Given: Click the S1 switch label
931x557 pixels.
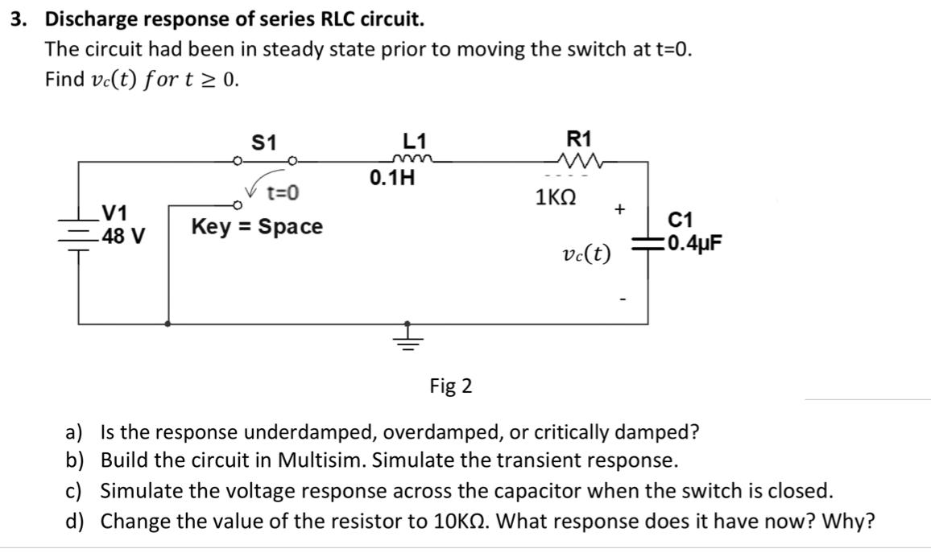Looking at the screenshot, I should pos(264,142).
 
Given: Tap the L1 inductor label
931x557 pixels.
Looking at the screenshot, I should pos(414,141).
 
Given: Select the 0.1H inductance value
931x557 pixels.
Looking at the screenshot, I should pos(393,177).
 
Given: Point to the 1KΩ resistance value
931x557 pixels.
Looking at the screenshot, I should pos(555,198).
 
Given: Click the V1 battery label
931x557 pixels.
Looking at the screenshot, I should pos(116,214).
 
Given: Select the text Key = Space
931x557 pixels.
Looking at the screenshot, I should pos(256,227).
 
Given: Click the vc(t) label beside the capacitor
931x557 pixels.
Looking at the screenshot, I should pos(586,254).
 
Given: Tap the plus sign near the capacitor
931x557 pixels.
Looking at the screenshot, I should pos(619,209).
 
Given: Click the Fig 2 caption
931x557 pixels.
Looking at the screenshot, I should pos(451,386).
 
